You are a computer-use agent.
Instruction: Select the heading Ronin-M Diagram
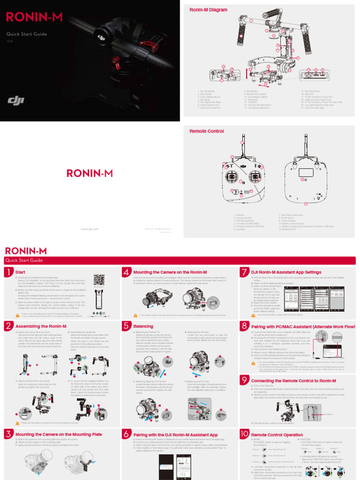pyautogui.click(x=208, y=10)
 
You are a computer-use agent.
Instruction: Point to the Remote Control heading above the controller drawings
pyautogui.click(x=206, y=132)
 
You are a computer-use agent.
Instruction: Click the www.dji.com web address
pyautogui.click(x=90, y=229)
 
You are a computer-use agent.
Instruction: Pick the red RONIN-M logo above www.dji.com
pyautogui.click(x=90, y=173)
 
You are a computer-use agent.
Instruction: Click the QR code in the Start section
pyautogui.click(x=98, y=279)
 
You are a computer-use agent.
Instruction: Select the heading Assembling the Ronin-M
pyautogui.click(x=41, y=326)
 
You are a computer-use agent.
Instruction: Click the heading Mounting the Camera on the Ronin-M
pyautogui.click(x=170, y=272)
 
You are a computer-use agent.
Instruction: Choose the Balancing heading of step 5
pyautogui.click(x=143, y=326)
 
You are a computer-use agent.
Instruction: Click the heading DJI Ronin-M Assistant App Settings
pyautogui.click(x=286, y=272)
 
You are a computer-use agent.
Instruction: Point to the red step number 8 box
pyautogui.click(x=244, y=326)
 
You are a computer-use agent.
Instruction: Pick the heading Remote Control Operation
pyautogui.click(x=277, y=435)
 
